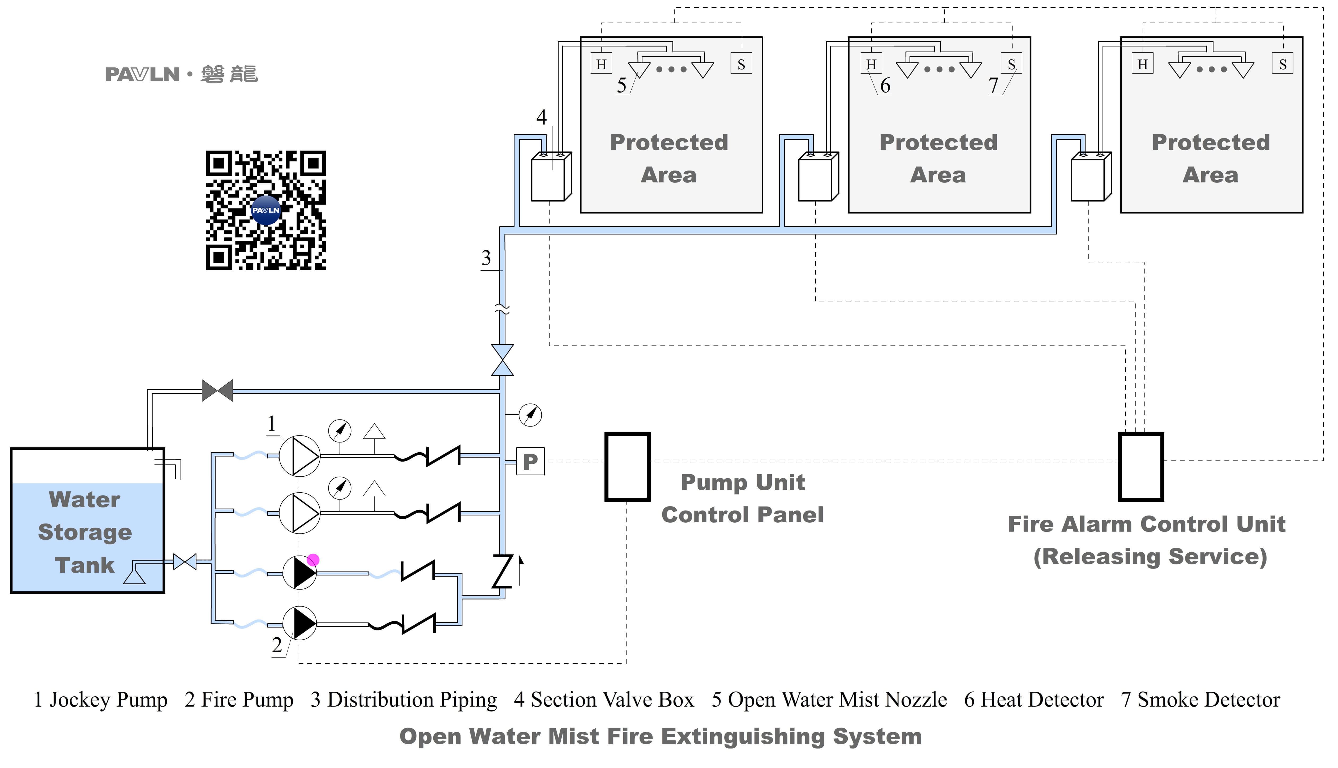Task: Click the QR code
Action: tap(266, 210)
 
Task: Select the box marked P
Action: tap(530, 462)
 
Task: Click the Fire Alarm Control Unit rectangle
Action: tap(1141, 467)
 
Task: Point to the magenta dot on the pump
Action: tap(313, 560)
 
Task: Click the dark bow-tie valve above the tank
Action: tap(217, 391)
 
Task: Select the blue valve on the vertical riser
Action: tap(502, 360)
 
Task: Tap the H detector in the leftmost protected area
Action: tap(601, 64)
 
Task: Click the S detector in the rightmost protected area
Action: tap(1283, 64)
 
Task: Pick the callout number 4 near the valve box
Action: tap(541, 117)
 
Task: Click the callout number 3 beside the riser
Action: tap(486, 258)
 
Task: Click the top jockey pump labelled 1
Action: tap(299, 456)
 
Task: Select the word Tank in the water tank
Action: tap(84, 565)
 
